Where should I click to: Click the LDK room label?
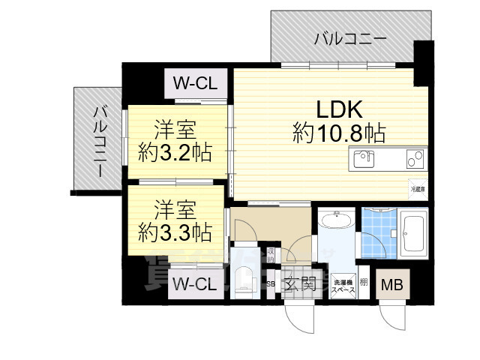coord(339,109)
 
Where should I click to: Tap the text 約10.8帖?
coord(339,134)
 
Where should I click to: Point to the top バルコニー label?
coord(350,38)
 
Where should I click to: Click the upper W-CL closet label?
coord(195,83)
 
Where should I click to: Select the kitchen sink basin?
coord(363,158)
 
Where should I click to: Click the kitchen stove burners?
coord(414,158)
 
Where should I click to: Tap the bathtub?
coord(413,233)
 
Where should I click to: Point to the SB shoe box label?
coord(271,284)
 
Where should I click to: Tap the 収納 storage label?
coord(271,256)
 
